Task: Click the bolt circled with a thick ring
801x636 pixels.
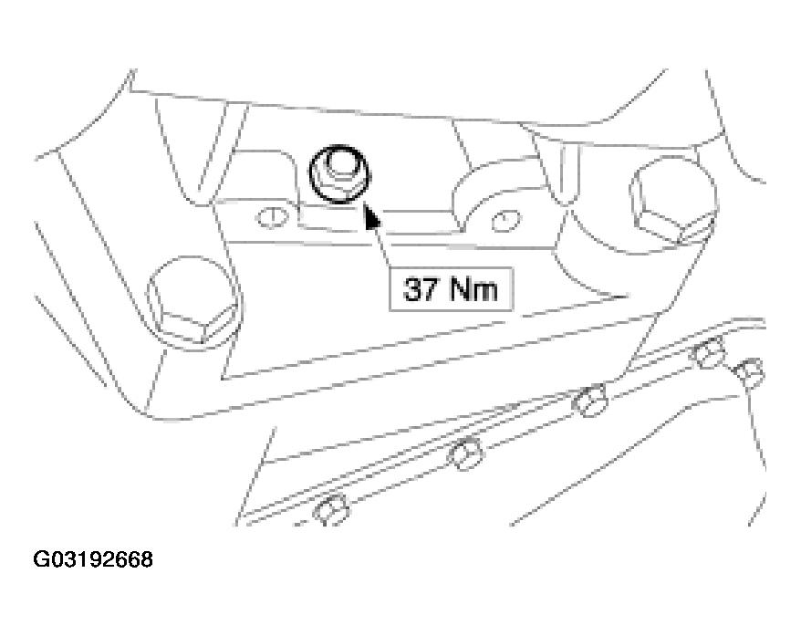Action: point(338,174)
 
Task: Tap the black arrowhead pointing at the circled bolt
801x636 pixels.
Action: point(372,216)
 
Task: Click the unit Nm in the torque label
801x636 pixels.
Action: point(473,289)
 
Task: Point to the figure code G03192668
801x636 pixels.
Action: point(93,559)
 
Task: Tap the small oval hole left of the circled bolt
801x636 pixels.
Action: point(271,217)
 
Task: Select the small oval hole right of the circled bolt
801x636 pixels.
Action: point(505,221)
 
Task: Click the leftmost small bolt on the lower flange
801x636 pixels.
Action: point(331,509)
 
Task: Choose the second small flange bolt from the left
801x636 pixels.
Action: point(465,453)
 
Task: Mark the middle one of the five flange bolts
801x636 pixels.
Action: point(589,400)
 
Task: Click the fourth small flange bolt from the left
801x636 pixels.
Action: point(709,352)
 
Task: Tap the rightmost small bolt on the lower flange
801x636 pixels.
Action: point(749,373)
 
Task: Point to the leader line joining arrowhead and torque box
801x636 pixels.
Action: point(383,246)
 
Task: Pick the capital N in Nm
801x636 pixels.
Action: point(460,289)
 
